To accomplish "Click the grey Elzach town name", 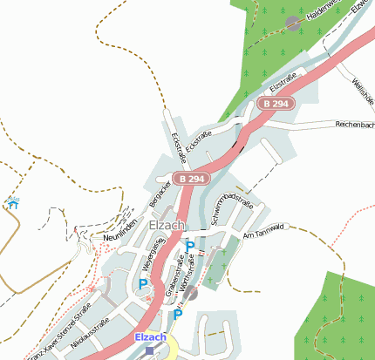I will pyautogui.click(x=167, y=225).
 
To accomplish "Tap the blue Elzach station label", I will pyautogui.click(x=150, y=336).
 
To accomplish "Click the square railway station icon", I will pyautogui.click(x=150, y=350).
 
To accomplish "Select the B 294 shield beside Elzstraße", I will pyautogui.click(x=276, y=104).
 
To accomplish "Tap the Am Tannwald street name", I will pyautogui.click(x=265, y=230).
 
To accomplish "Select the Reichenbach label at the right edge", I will pyautogui.click(x=355, y=126).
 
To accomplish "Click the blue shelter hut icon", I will pyautogui.click(x=12, y=204).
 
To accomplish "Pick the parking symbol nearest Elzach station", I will pyautogui.click(x=177, y=315).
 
